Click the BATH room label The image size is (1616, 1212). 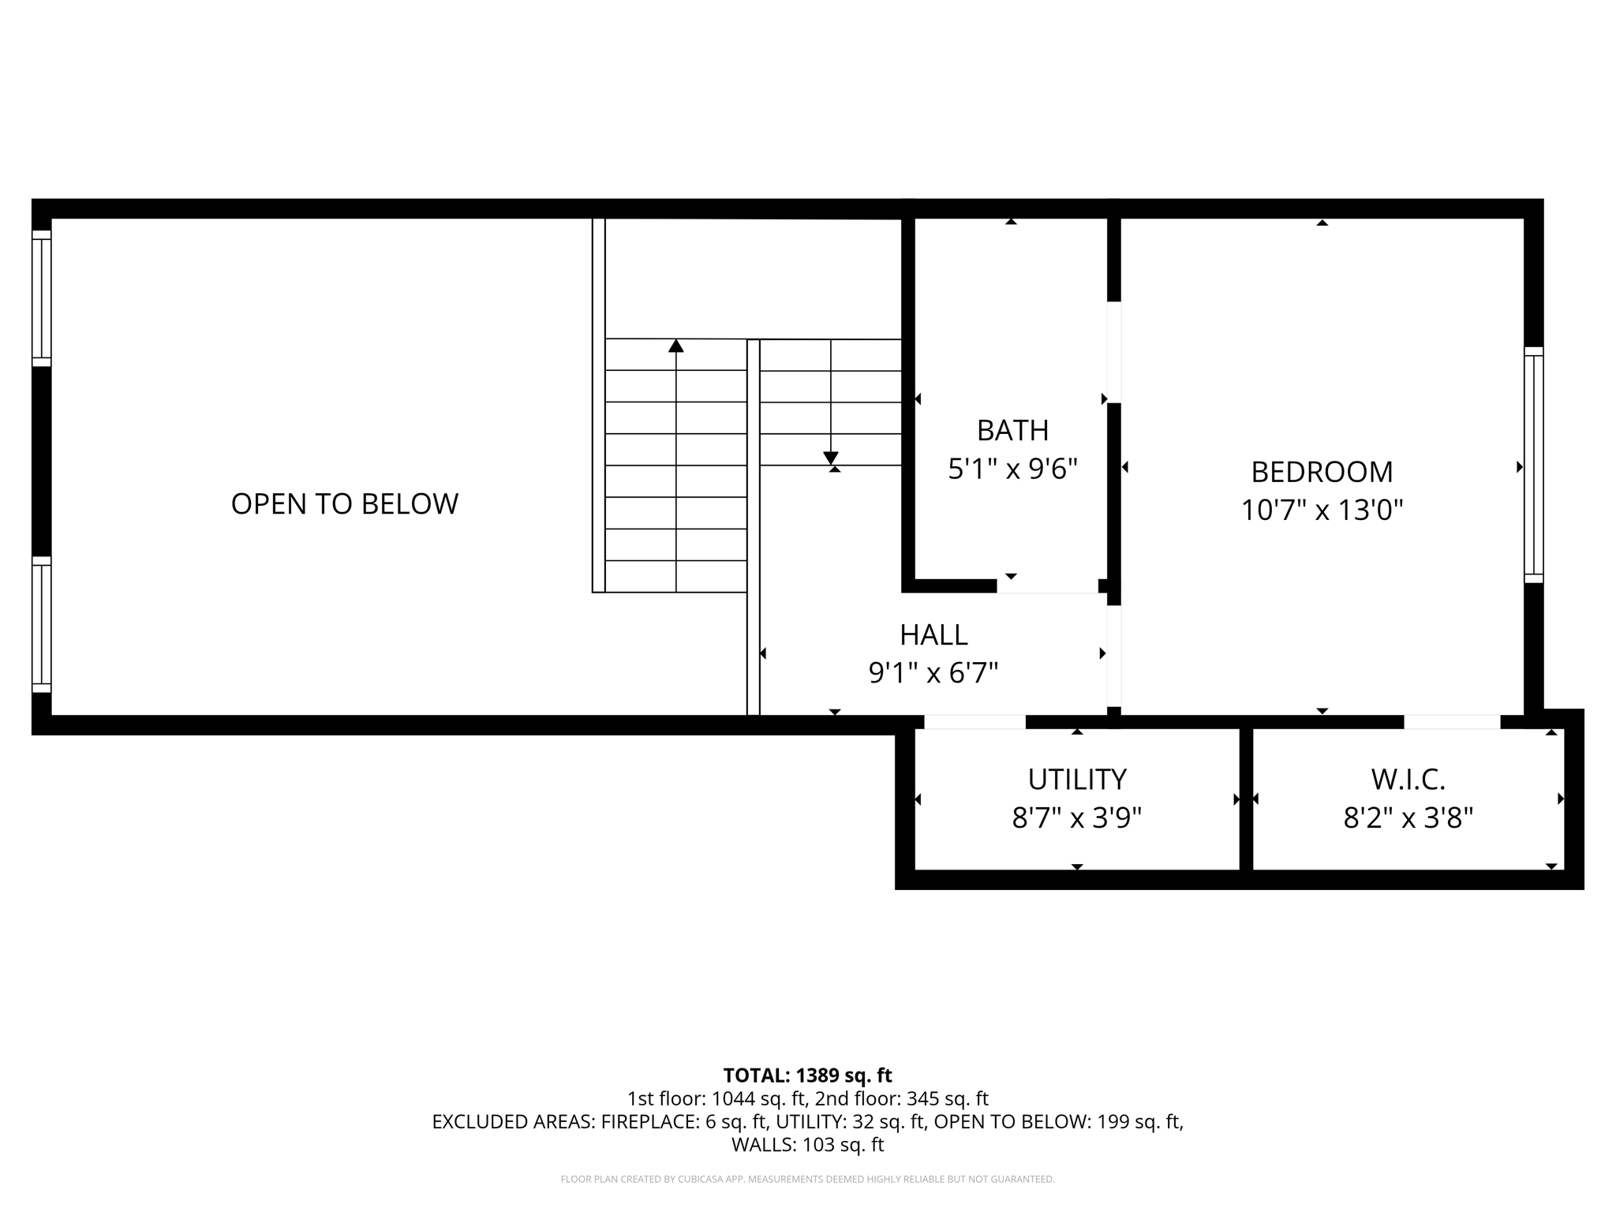[x=1012, y=431]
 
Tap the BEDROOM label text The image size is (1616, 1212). [x=1322, y=472]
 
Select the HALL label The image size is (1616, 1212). [x=933, y=635]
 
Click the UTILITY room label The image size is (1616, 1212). [x=1076, y=780]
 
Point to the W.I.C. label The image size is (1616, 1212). [x=1408, y=780]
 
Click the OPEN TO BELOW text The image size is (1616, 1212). [x=344, y=504]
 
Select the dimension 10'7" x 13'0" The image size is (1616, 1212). [x=1322, y=511]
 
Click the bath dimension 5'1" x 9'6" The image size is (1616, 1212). [x=1012, y=469]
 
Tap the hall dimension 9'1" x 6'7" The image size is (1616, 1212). [x=933, y=673]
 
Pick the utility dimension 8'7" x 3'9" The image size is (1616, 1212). [x=1076, y=818]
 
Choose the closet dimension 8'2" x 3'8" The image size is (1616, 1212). [x=1408, y=818]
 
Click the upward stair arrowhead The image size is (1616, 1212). [x=675, y=346]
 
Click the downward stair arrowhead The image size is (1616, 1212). [x=830, y=458]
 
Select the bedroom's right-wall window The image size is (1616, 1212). [x=1533, y=465]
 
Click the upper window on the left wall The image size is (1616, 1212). [x=41, y=298]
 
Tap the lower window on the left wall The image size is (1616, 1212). [x=41, y=624]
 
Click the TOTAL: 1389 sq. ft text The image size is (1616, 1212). [x=807, y=1075]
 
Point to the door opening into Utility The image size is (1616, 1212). [x=974, y=722]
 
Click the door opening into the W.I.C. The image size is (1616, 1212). [x=1451, y=722]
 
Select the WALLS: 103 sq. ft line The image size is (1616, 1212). [x=807, y=1145]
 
